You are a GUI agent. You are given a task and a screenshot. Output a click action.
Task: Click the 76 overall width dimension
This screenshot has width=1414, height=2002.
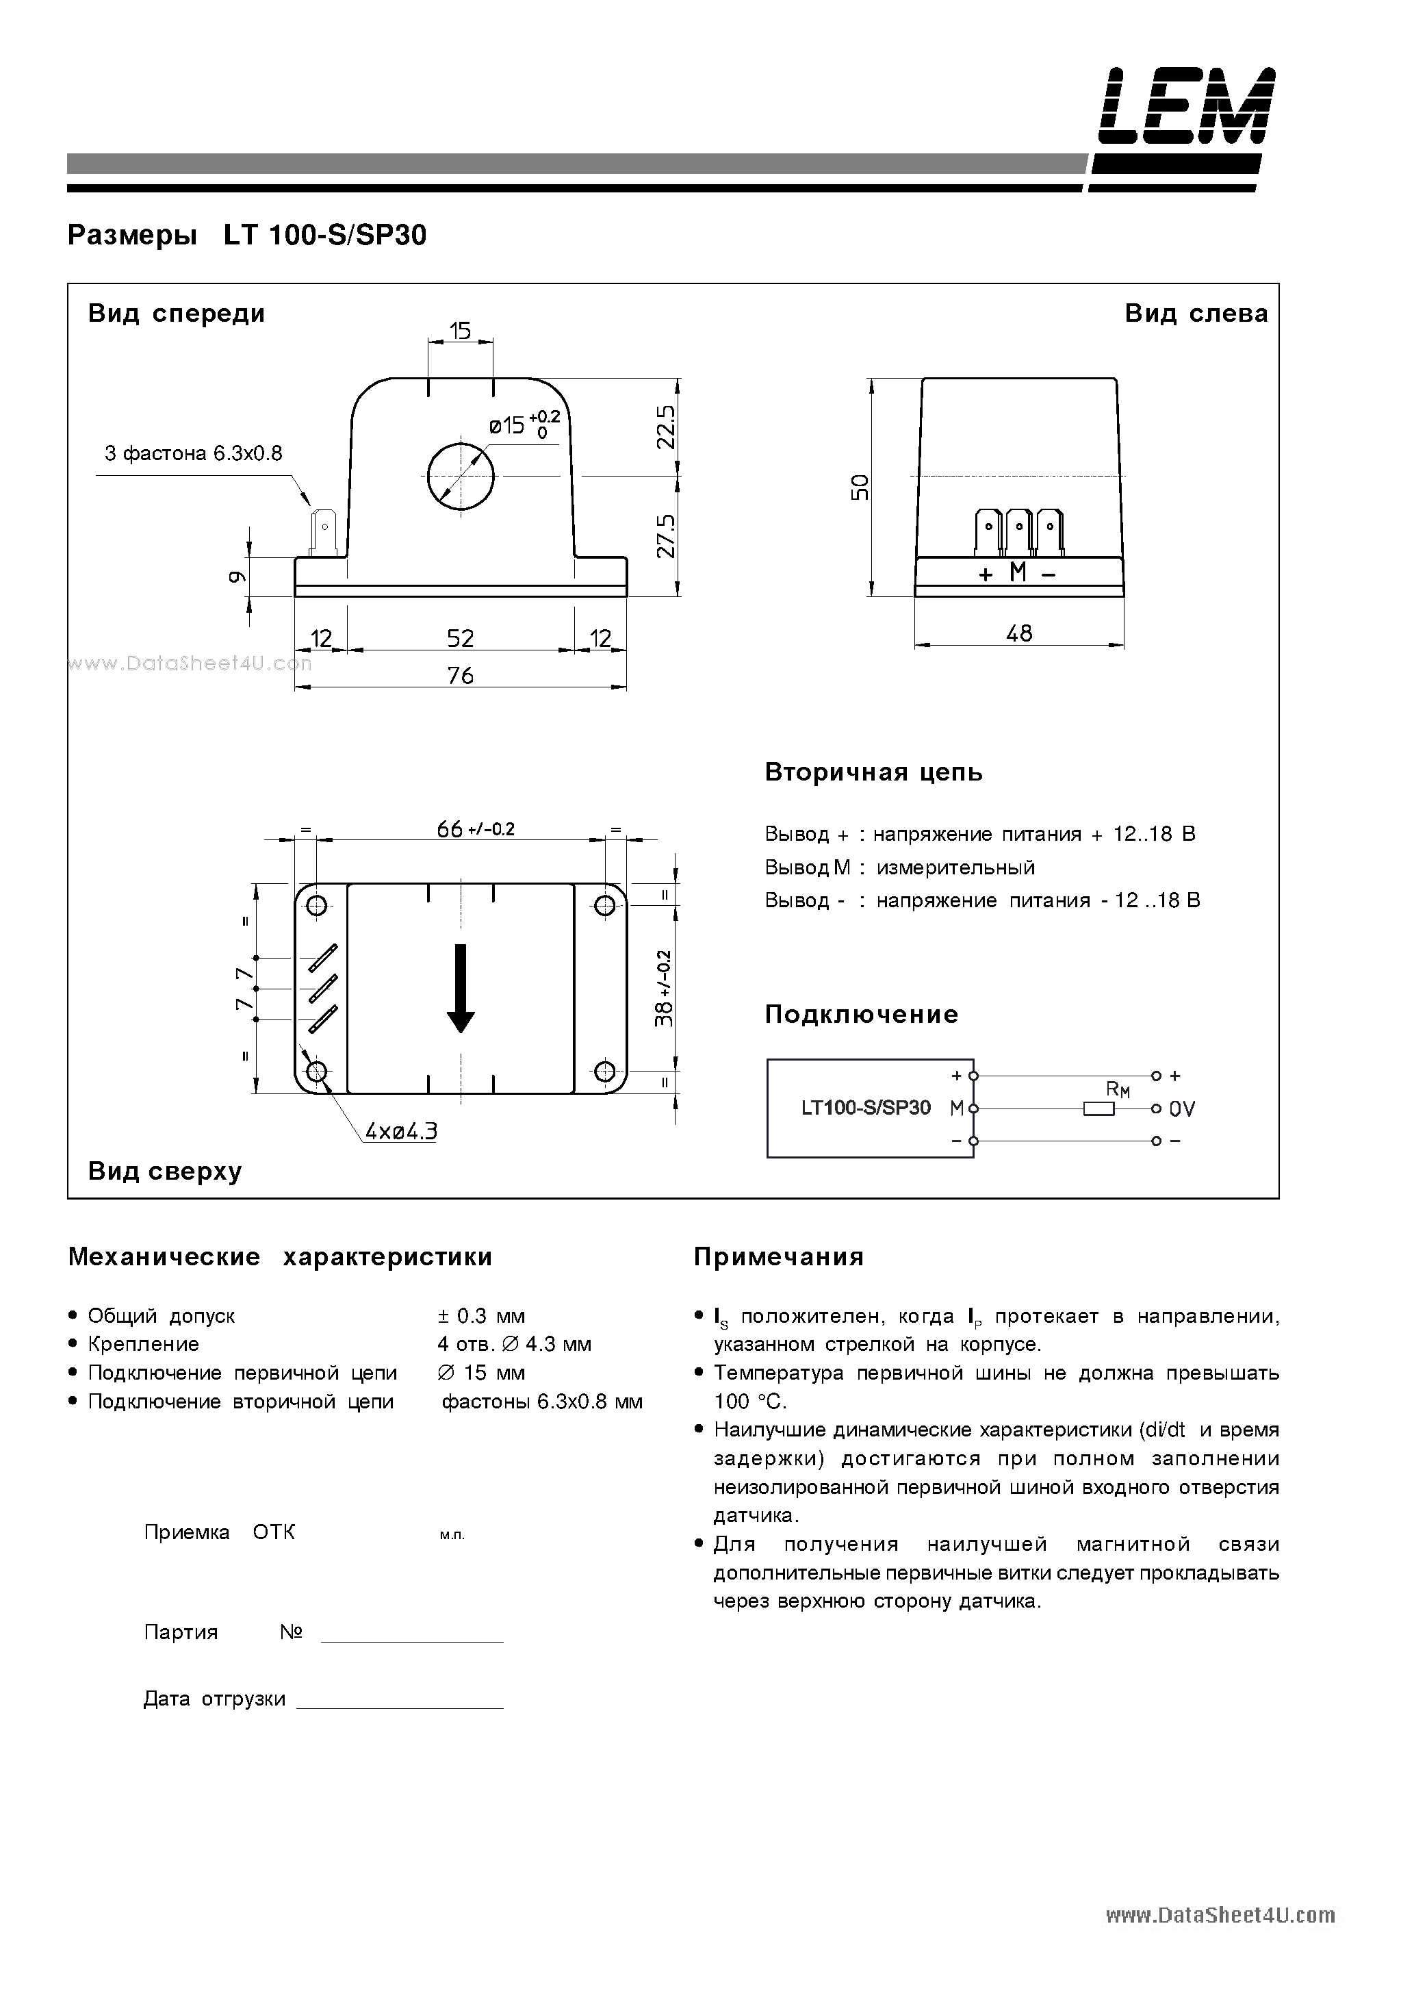(461, 675)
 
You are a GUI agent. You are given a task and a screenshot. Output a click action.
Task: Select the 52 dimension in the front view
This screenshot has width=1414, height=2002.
(461, 638)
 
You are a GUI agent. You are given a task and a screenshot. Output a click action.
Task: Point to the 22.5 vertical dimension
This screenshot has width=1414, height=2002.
(667, 427)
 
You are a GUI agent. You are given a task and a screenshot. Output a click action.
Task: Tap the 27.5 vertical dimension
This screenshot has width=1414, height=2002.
(667, 535)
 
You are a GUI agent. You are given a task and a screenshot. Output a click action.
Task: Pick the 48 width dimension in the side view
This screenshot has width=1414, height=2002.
(1019, 633)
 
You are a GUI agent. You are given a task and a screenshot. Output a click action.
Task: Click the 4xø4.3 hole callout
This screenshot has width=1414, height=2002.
(401, 1132)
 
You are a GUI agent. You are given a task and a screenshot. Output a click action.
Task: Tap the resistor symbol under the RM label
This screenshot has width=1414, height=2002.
(1098, 1109)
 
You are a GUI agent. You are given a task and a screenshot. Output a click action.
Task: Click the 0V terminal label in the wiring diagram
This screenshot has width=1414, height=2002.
(1182, 1109)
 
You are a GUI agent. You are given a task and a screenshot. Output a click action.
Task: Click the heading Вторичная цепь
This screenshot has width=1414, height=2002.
(873, 772)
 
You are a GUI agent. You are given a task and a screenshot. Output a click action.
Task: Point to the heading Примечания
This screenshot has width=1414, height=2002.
(778, 1256)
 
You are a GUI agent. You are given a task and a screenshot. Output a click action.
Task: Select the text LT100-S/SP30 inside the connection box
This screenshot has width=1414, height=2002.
(866, 1108)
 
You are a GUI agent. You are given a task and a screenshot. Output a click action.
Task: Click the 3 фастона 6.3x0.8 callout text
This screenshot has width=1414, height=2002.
(194, 453)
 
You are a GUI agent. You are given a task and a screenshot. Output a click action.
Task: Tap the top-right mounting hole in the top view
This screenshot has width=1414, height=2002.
(604, 906)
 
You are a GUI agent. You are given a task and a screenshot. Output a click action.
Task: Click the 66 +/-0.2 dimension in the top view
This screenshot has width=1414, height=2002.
(475, 828)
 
